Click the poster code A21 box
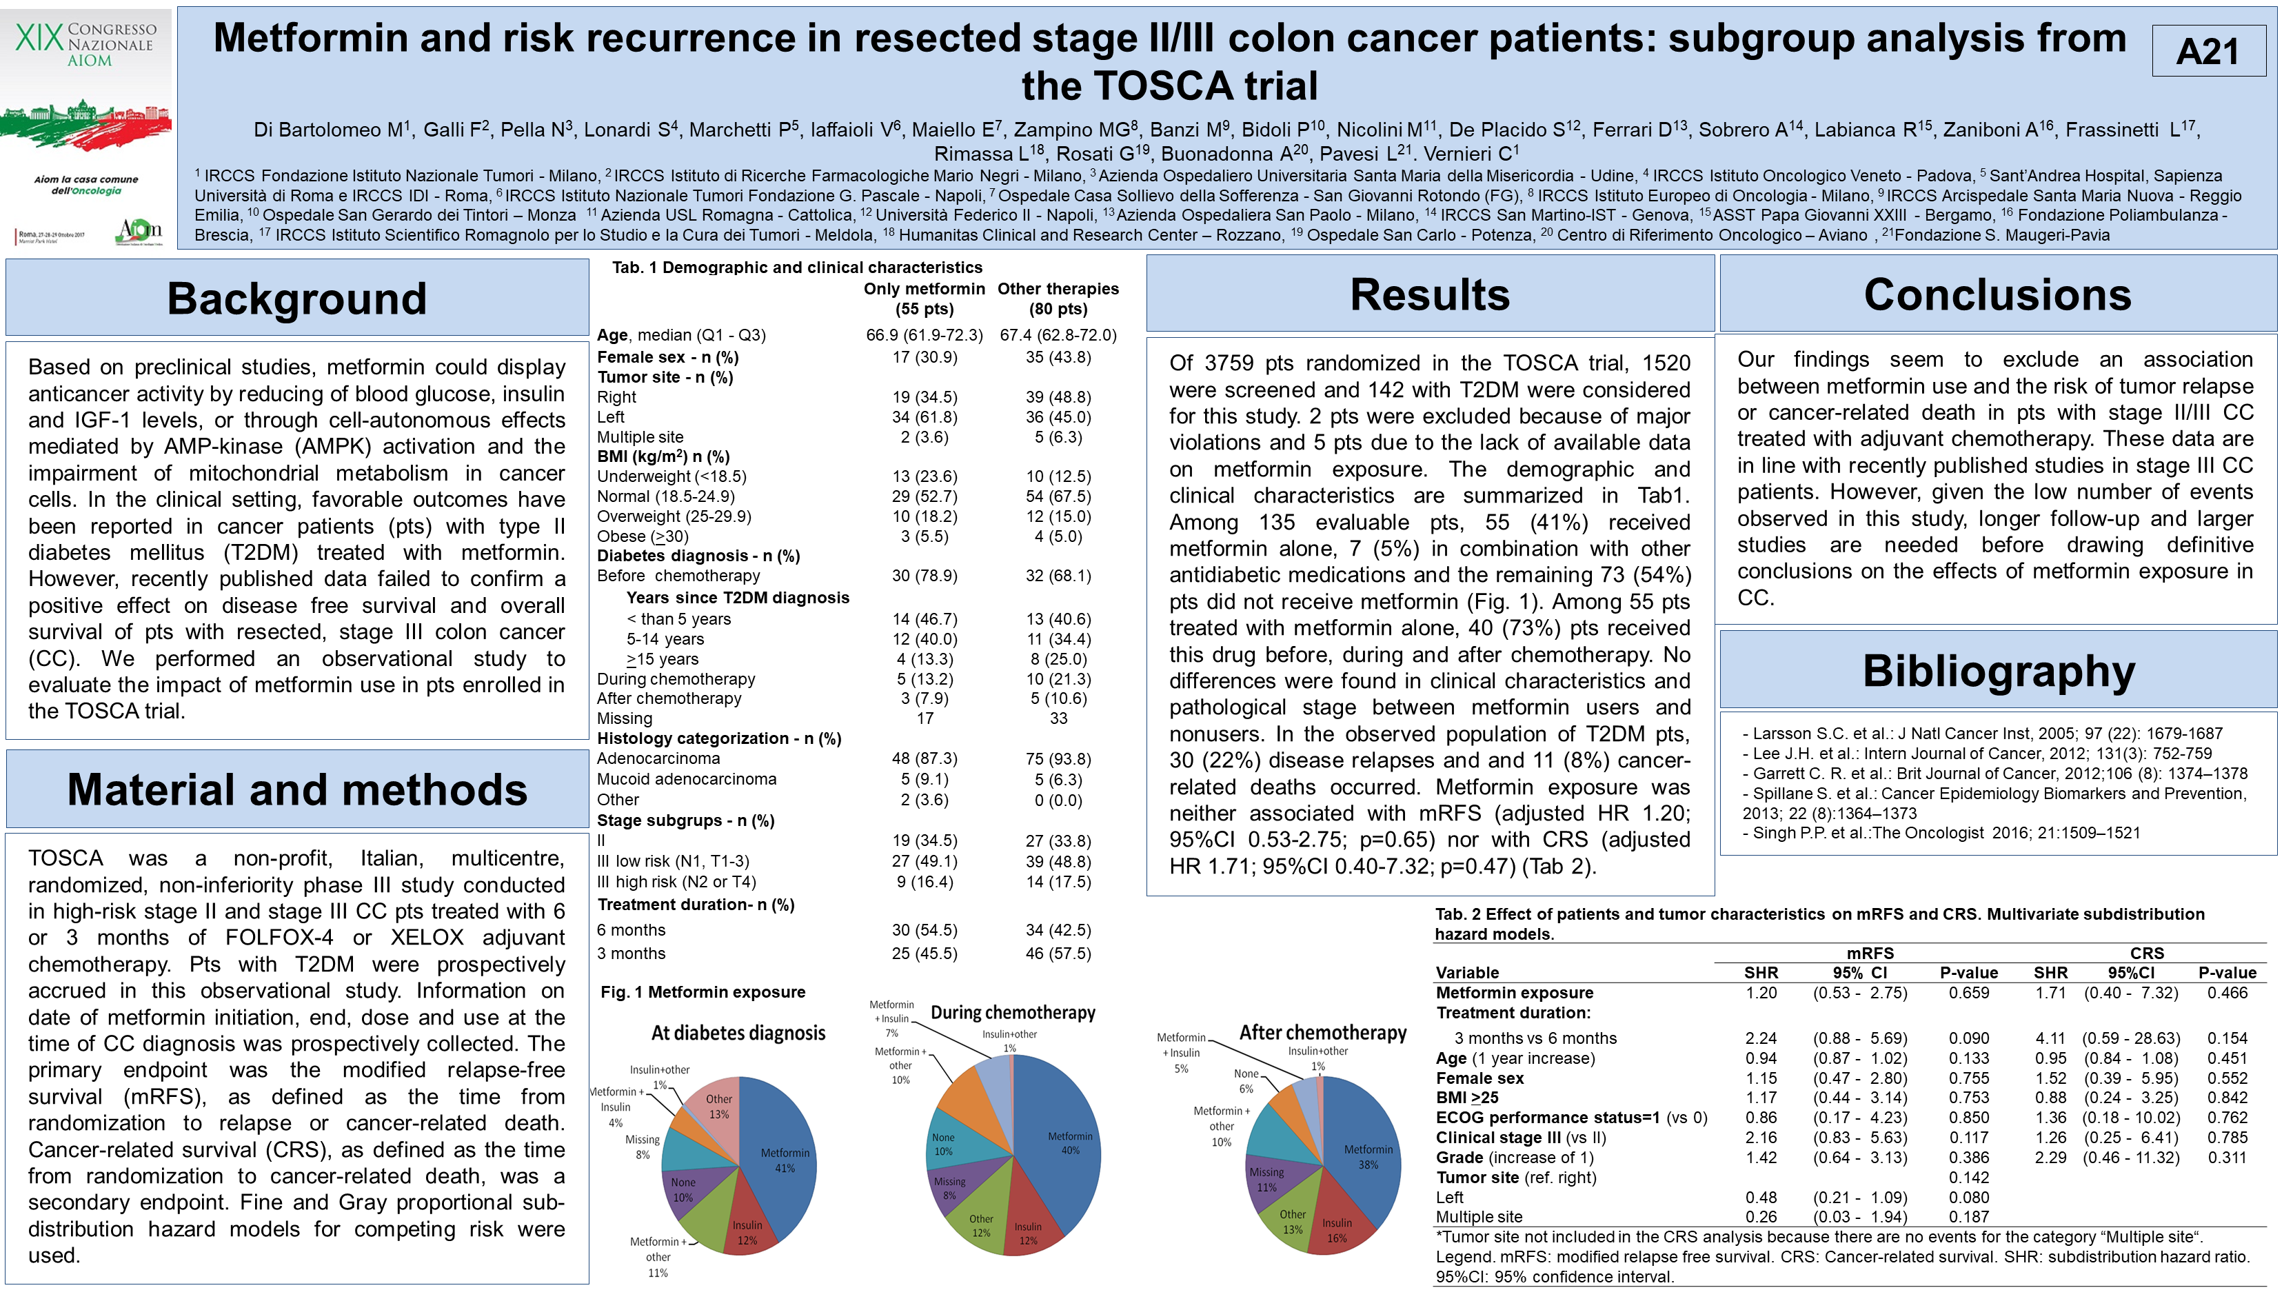tap(2208, 51)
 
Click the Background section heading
tap(296, 299)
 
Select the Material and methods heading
tap(296, 789)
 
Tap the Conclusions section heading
tap(1997, 294)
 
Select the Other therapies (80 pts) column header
tap(1058, 299)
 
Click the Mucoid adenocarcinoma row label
tap(686, 779)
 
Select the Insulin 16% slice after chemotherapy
tap(1335, 1229)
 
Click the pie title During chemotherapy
tap(1013, 1012)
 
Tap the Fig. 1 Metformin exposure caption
tap(703, 991)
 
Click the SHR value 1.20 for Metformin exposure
tap(1761, 993)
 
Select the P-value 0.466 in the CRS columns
tap(2227, 993)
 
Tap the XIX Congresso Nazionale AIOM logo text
tap(86, 45)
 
